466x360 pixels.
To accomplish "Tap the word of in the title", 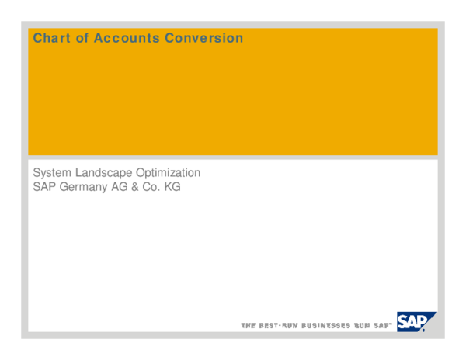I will [x=82, y=38].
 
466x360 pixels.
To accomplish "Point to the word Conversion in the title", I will [x=204, y=38].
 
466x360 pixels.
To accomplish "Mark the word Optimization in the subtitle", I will [x=169, y=173].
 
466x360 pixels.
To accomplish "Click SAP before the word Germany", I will [x=44, y=187].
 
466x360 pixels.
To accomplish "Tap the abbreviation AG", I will [x=120, y=187].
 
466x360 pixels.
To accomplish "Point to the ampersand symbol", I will [x=137, y=187].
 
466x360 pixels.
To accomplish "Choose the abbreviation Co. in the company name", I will [x=153, y=187].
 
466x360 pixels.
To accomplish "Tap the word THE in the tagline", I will [x=249, y=325].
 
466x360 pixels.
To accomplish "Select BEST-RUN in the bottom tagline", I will [x=278, y=325].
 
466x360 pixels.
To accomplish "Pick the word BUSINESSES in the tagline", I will [x=326, y=325].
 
